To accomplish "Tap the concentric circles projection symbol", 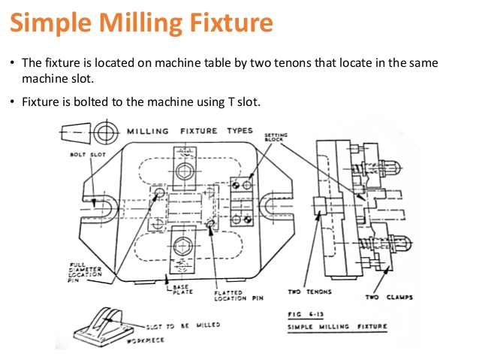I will pos(103,133).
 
